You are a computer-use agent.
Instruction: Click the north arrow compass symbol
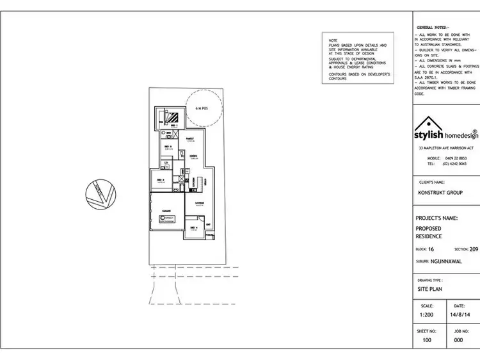[x=100, y=193]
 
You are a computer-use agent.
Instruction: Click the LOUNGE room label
[x=199, y=203]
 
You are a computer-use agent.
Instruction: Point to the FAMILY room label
[x=190, y=138]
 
